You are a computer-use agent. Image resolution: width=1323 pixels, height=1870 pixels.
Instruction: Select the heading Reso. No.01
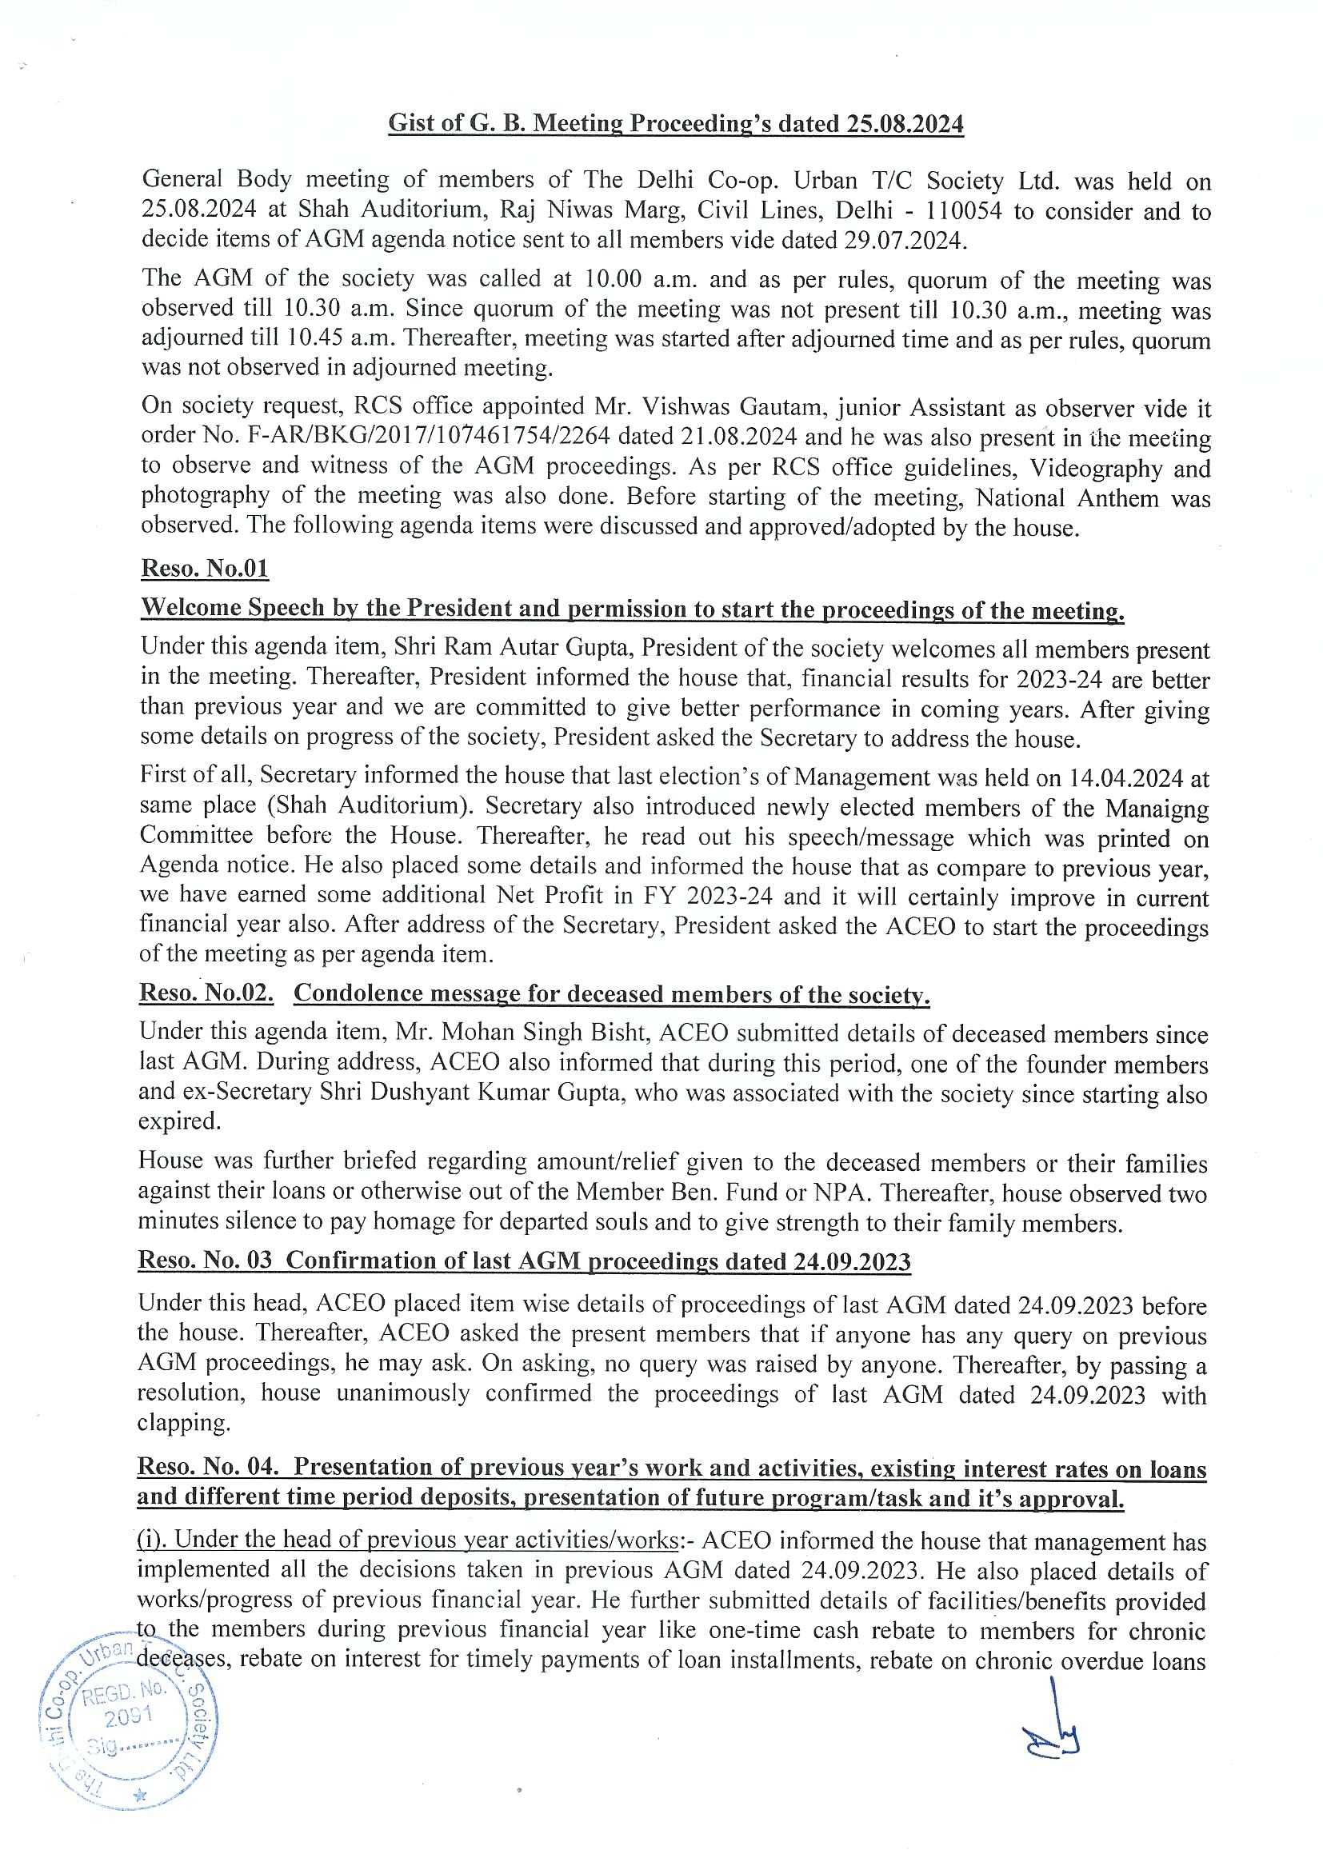pos(205,568)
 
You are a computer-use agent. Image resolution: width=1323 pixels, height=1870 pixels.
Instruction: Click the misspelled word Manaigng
pos(1157,808)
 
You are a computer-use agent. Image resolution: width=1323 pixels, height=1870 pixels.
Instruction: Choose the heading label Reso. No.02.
pos(206,993)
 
